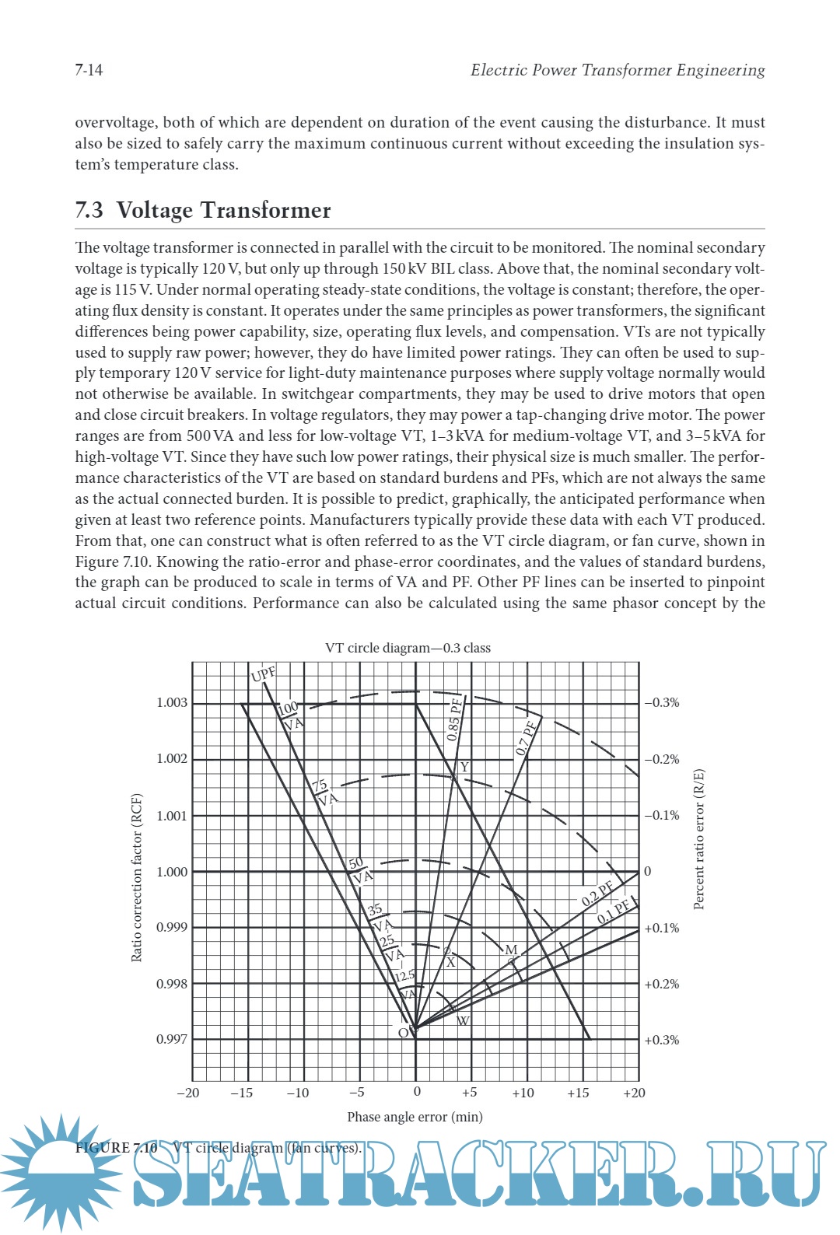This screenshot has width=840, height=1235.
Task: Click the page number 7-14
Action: point(89,70)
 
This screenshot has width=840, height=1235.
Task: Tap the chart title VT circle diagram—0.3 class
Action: point(408,648)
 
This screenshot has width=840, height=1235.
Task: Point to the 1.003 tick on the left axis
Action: point(172,703)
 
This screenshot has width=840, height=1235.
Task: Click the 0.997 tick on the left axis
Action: point(172,1040)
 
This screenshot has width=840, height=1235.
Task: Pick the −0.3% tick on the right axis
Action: point(662,703)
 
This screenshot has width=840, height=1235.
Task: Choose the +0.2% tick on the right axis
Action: point(662,984)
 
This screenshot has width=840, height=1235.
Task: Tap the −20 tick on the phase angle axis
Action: point(188,1093)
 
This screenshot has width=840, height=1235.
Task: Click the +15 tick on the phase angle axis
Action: point(578,1093)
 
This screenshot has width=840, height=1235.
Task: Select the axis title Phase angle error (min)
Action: point(415,1117)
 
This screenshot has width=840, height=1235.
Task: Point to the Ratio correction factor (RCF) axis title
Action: point(137,877)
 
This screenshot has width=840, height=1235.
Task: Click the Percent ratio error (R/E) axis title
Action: point(698,839)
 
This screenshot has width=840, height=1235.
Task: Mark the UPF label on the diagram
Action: point(264,673)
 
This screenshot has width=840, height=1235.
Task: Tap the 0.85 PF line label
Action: point(454,719)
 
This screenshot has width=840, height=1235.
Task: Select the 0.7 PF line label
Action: point(527,738)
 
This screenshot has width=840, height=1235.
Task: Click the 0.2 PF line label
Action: point(597,894)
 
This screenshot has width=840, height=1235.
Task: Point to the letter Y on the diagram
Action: point(464,768)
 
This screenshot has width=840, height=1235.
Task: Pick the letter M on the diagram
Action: point(511,950)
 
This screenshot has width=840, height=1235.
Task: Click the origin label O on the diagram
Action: point(403,1034)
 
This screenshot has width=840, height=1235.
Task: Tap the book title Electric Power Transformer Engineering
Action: point(618,70)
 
